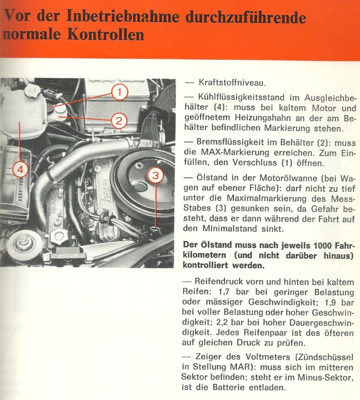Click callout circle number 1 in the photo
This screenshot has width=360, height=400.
tap(119, 93)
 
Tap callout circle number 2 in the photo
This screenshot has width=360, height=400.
tap(119, 120)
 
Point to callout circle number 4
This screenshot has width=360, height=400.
tap(19, 169)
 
